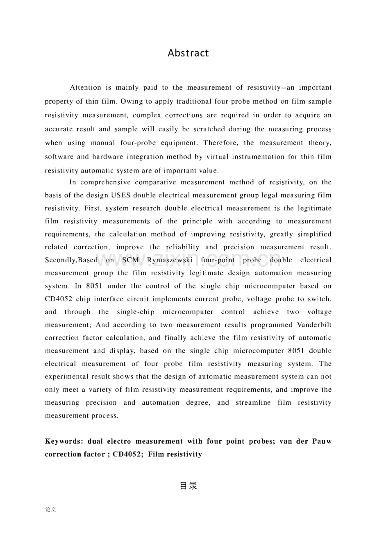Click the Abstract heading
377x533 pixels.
188,53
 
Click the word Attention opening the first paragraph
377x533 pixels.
85,87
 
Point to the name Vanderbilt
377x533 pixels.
311,325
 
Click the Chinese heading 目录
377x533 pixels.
188,486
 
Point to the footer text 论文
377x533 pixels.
51,509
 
